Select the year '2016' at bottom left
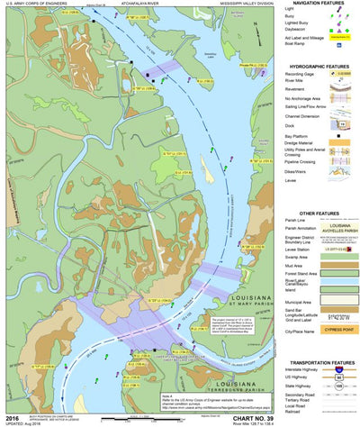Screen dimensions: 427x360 (x=11, y=417)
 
